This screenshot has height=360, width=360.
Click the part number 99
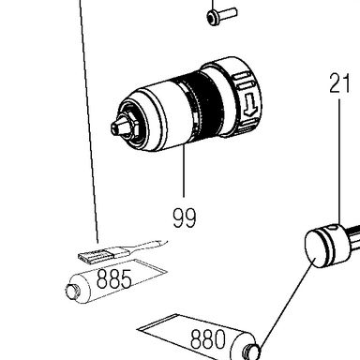(x=185, y=217)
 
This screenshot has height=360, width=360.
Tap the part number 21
(x=339, y=83)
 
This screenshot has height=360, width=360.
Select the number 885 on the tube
(x=114, y=278)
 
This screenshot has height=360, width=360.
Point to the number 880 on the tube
(x=208, y=339)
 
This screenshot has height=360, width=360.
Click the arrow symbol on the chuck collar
(x=250, y=106)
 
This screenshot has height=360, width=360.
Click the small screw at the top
(x=221, y=15)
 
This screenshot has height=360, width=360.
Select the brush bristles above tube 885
(x=93, y=256)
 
